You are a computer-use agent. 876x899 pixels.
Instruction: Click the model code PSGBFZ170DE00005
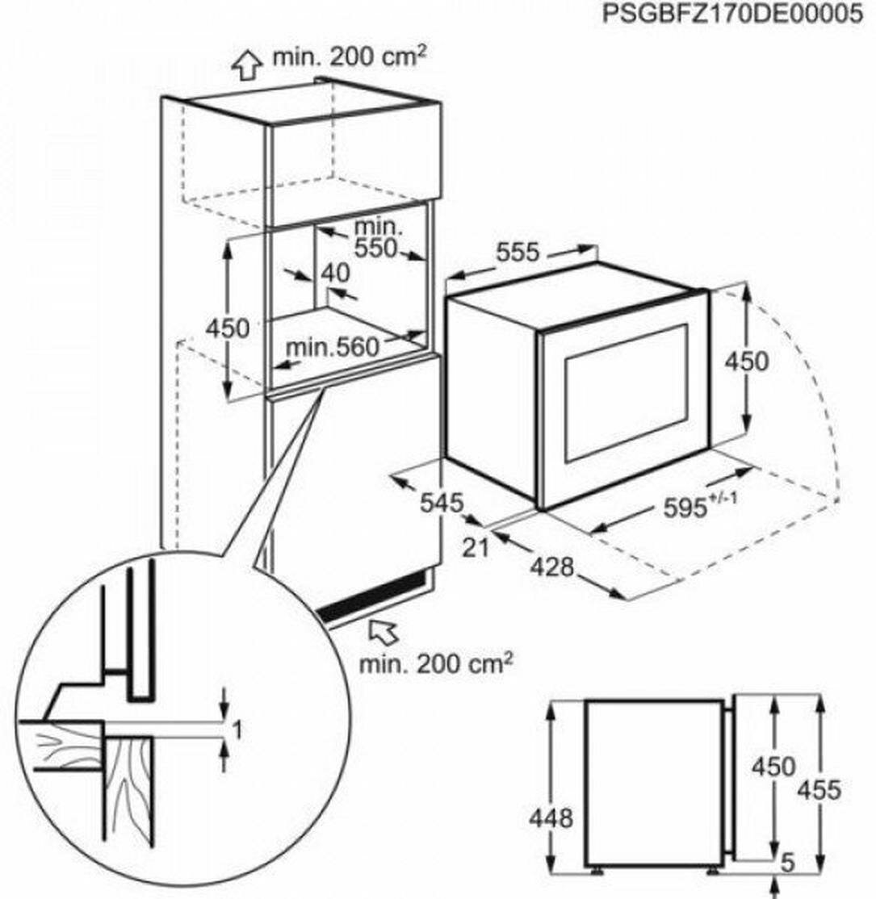click(x=732, y=14)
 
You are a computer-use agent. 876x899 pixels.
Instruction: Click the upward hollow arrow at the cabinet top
click(x=247, y=65)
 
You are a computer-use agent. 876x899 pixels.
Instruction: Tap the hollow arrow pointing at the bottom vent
click(x=384, y=631)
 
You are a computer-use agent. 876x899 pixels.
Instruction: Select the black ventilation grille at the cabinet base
click(x=374, y=598)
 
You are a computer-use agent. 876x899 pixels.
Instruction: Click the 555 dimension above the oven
click(x=518, y=253)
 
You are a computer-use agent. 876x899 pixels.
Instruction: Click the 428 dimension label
click(x=551, y=567)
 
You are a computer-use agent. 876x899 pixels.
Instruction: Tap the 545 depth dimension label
click(x=441, y=503)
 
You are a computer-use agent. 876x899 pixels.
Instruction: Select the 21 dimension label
click(x=476, y=548)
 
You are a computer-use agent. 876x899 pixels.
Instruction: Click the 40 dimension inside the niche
click(x=336, y=273)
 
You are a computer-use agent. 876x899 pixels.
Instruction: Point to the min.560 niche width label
click(x=332, y=347)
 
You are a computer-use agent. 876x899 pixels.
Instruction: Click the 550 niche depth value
click(x=375, y=248)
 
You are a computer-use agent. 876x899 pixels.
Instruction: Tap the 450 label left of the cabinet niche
click(x=228, y=328)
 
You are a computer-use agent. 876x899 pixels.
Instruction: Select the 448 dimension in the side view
click(x=551, y=817)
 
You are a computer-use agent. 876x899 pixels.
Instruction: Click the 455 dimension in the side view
click(x=819, y=790)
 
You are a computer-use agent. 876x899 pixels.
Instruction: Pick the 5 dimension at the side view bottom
click(x=789, y=863)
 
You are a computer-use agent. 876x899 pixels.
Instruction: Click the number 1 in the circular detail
click(x=237, y=731)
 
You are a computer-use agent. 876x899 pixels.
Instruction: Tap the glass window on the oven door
click(x=627, y=392)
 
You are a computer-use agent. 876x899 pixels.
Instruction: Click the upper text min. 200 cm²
click(x=350, y=56)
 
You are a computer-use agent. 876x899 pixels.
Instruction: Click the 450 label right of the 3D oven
click(x=746, y=362)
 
